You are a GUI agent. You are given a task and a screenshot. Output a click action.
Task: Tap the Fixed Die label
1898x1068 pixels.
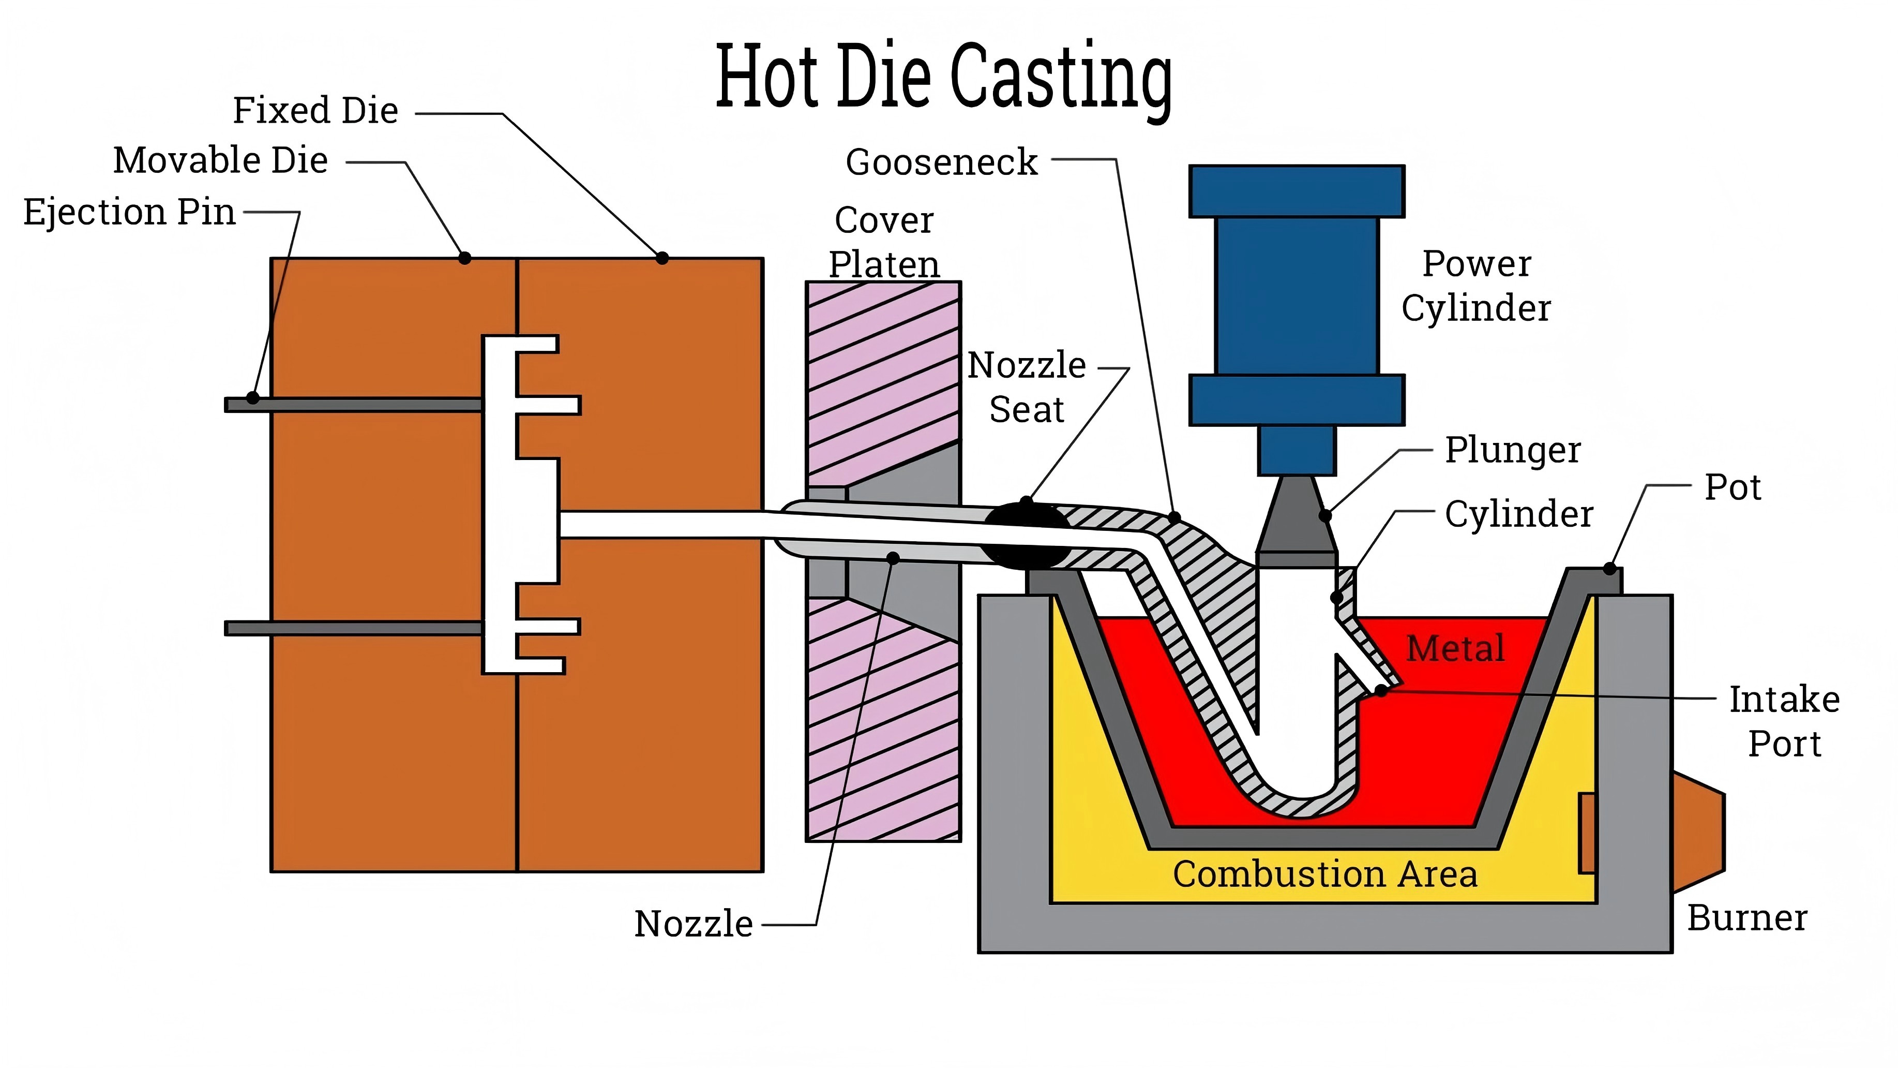pyautogui.click(x=315, y=111)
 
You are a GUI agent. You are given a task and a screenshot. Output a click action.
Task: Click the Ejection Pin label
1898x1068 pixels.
pyautogui.click(x=130, y=212)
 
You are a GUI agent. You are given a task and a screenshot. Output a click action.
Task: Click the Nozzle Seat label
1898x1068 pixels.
pyautogui.click(x=1027, y=387)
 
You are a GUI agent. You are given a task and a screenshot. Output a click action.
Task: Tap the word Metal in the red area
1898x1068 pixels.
pyautogui.click(x=1454, y=648)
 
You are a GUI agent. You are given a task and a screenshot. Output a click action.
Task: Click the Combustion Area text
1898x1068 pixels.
pyautogui.click(x=1325, y=874)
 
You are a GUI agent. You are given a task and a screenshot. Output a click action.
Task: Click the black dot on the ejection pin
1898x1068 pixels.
pyautogui.click(x=253, y=398)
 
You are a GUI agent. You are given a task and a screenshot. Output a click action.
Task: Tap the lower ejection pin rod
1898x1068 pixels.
pyautogui.click(x=354, y=628)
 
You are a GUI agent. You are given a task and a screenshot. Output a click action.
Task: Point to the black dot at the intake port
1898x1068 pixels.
pyautogui.click(x=1381, y=691)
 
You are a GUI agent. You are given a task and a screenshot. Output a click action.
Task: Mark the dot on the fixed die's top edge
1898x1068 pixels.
pyautogui.click(x=662, y=258)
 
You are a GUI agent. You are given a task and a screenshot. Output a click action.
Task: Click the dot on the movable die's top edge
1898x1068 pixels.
pyautogui.click(x=465, y=258)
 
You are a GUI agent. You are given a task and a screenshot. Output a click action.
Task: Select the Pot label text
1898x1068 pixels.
pyautogui.click(x=1732, y=487)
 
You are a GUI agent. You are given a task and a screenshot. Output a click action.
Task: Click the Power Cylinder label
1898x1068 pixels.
pyautogui.click(x=1476, y=286)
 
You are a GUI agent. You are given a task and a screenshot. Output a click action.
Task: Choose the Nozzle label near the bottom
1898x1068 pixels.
pyautogui.click(x=694, y=924)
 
